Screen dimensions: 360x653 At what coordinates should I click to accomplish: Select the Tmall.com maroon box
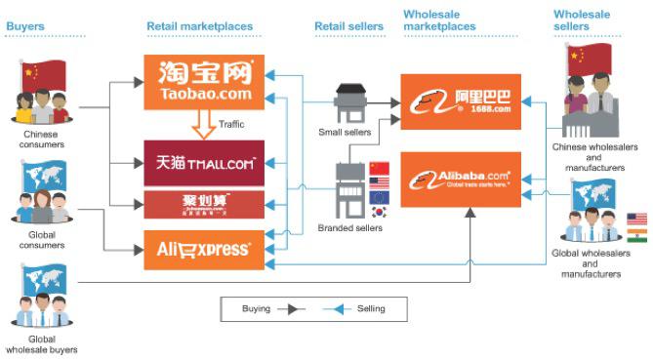point(203,163)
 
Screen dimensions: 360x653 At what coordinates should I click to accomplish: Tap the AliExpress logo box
point(203,250)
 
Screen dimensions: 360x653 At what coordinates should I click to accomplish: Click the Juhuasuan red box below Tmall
point(203,205)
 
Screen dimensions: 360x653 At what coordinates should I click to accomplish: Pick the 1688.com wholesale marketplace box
point(461,101)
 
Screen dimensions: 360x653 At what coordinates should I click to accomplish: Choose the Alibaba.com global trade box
point(461,180)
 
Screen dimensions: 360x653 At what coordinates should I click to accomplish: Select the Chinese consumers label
point(40,139)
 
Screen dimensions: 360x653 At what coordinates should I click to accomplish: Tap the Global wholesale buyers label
point(40,343)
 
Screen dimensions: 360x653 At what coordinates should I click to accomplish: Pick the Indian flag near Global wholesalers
point(637,234)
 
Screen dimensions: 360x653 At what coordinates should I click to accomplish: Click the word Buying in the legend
point(257,308)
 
